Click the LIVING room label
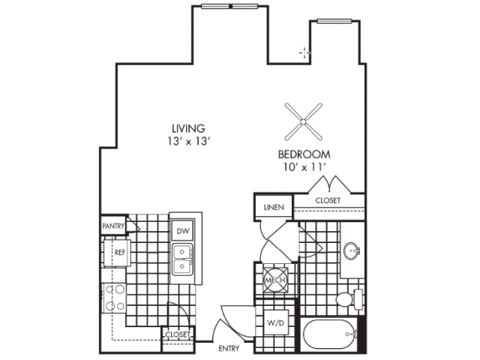pos(187,128)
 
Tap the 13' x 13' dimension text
pos(187,141)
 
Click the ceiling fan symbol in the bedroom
pos(304,120)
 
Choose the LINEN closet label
pos(273,207)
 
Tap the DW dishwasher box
pos(181,232)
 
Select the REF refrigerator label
pos(119,253)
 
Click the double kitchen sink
pos(181,259)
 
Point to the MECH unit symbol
pos(271,280)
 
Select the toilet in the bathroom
pos(346,299)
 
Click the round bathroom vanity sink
pos(352,250)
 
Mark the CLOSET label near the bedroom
pos(328,201)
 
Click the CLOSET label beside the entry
pos(176,334)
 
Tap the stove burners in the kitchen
pos(115,297)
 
